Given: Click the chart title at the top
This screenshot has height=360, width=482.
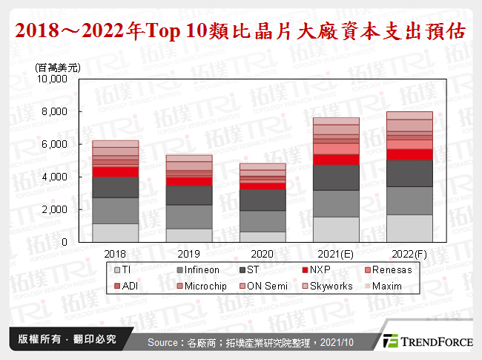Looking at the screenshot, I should point(241,31).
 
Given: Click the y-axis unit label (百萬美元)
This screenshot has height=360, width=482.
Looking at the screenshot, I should point(58,68).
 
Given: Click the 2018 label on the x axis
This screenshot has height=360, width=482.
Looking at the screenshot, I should point(115,253).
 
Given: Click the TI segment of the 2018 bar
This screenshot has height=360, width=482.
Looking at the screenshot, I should point(115,232).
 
